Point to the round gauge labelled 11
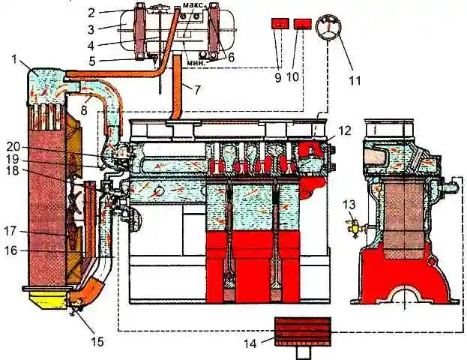pos(327,28)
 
